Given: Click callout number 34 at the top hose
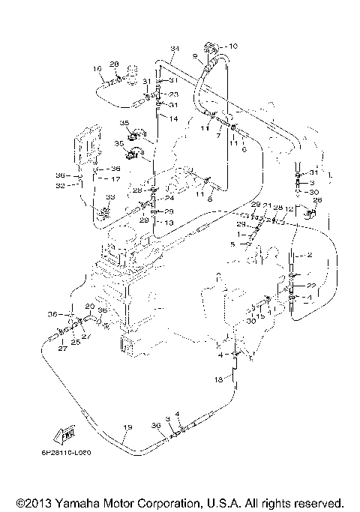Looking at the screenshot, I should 174,49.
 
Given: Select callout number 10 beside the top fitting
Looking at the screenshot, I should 232,46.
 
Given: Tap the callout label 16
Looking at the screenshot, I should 97,69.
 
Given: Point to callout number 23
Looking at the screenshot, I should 173,94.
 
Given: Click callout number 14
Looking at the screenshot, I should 173,118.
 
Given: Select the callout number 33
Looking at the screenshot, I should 110,196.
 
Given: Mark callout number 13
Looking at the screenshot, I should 170,223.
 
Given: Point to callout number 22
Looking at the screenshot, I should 310,286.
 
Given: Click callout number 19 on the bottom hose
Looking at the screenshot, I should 127,427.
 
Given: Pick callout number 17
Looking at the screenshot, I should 116,179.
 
